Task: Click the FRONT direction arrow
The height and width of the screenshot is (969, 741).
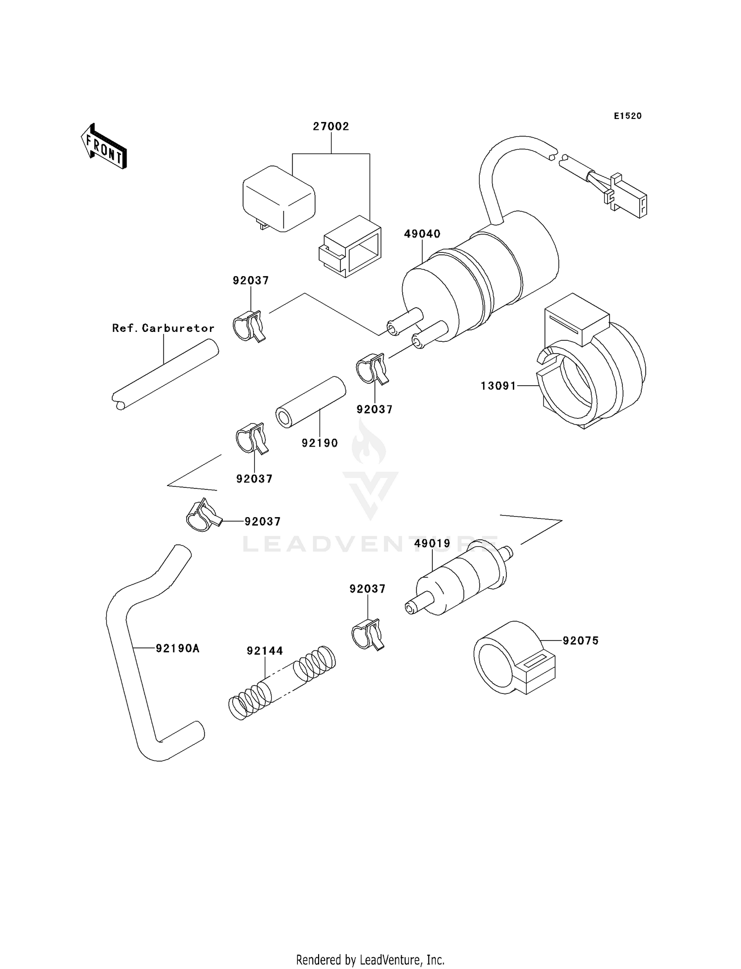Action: click(x=104, y=147)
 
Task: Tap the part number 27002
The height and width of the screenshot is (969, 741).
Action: click(x=331, y=126)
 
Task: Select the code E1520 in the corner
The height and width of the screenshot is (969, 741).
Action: click(x=628, y=116)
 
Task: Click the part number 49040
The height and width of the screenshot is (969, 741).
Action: click(x=422, y=234)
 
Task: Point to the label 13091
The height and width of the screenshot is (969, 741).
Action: click(x=498, y=386)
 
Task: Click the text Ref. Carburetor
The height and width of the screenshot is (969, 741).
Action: click(x=164, y=328)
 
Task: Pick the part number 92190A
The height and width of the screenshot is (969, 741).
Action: click(x=177, y=648)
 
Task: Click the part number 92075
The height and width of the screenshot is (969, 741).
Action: click(x=580, y=641)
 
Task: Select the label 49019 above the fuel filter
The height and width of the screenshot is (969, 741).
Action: click(x=432, y=544)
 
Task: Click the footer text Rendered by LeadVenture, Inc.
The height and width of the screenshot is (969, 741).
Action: click(x=370, y=960)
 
